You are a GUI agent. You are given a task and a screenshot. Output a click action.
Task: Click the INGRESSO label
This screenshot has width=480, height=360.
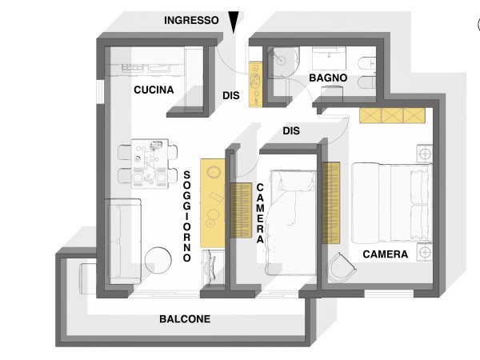point(191,20)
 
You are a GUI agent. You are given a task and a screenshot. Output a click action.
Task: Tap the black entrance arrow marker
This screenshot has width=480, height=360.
point(234,22)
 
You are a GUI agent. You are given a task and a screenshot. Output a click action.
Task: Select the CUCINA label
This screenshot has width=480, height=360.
point(154,90)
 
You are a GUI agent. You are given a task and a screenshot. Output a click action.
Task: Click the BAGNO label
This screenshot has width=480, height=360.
point(328,78)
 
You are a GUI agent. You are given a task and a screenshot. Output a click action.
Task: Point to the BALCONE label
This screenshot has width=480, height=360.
point(185,319)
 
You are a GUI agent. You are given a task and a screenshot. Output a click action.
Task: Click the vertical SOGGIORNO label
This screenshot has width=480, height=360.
point(186,217)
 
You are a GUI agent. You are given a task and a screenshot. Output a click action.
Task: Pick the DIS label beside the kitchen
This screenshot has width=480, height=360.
point(231,95)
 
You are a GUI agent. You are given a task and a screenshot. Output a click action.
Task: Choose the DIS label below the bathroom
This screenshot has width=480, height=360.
point(291,130)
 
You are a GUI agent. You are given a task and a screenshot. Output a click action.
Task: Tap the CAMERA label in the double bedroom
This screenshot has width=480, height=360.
point(385,254)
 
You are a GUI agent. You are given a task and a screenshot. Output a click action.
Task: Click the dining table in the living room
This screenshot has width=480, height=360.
point(150,164)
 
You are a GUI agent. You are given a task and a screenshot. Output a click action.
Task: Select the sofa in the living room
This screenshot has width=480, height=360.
point(123,241)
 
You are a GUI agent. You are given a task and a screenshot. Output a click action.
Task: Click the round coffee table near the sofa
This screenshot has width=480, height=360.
point(158,260)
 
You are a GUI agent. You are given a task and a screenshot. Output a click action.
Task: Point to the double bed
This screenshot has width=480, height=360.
point(392,203)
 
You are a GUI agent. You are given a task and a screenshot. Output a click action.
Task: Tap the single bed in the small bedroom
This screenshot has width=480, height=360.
point(292,222)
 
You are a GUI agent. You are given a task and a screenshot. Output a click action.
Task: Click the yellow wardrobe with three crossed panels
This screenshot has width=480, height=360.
point(392,115)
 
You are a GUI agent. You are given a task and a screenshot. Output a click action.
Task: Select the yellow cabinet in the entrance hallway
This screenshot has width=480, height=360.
point(255,85)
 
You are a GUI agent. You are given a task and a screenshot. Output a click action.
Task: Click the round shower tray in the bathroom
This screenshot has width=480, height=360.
point(283,62)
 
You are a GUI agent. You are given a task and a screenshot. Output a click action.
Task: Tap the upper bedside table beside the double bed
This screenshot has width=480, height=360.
point(425,154)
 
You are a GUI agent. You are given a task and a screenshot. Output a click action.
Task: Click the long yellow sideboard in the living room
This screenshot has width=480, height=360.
point(213,203)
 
